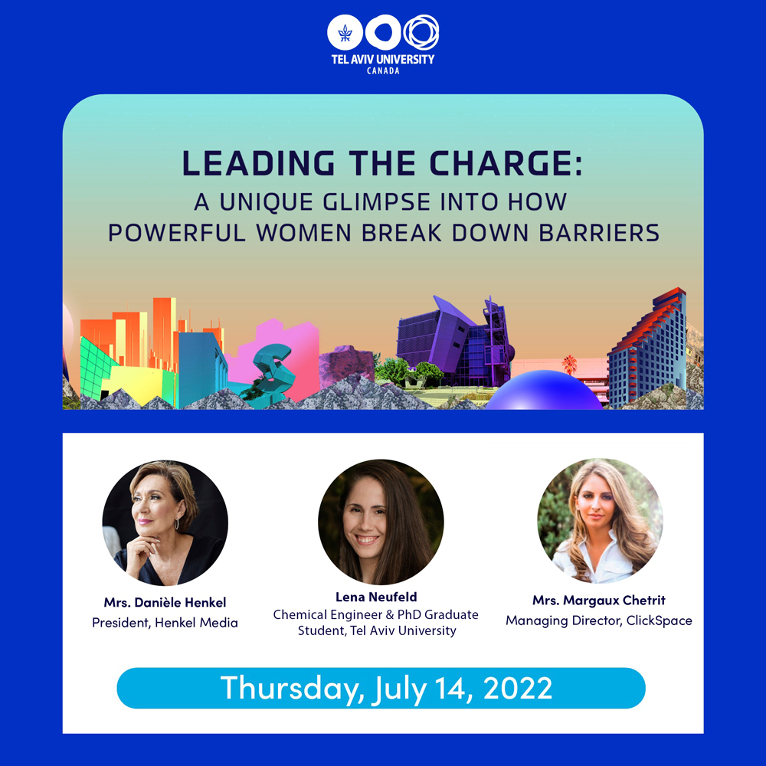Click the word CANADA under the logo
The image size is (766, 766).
click(383, 70)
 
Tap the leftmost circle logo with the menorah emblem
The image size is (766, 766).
click(345, 33)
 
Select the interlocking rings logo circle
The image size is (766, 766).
click(421, 33)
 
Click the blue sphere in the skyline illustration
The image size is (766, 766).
click(544, 390)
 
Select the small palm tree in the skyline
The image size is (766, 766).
click(569, 365)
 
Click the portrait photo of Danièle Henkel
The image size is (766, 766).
click(165, 522)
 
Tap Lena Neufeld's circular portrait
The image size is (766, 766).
click(381, 522)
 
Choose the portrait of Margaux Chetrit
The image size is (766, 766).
click(600, 521)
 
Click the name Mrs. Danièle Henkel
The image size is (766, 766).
click(165, 602)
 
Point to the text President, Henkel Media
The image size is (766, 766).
click(165, 622)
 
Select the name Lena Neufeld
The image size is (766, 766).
click(376, 597)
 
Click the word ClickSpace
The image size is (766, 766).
click(659, 620)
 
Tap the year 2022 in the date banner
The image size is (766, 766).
click(518, 688)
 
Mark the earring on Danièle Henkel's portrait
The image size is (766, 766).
click(177, 524)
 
